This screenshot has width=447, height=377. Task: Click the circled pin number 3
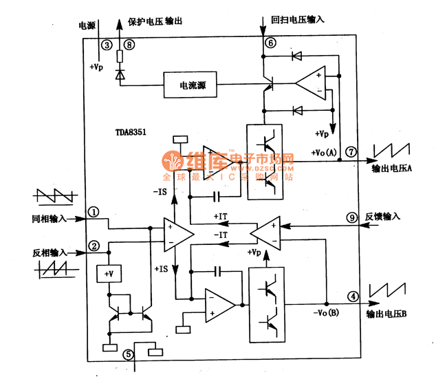(106, 45)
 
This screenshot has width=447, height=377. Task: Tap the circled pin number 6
(270, 43)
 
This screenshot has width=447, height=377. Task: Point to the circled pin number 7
(351, 151)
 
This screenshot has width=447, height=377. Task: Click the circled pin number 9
(351, 217)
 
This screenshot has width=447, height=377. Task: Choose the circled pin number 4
(353, 297)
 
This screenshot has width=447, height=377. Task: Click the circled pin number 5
(128, 354)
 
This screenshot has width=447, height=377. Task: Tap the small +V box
(108, 274)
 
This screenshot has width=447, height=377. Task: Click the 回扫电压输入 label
(298, 21)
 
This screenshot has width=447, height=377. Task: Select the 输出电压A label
(391, 169)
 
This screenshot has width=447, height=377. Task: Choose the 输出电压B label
(386, 314)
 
